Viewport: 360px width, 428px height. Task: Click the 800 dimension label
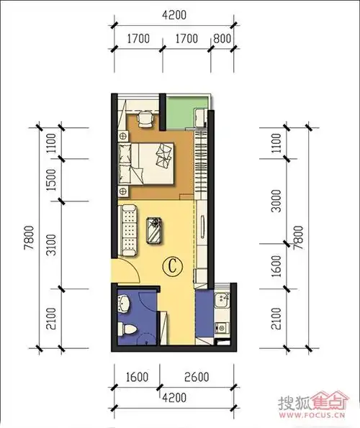pyautogui.click(x=222, y=39)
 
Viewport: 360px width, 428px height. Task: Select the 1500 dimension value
pyautogui.click(x=51, y=180)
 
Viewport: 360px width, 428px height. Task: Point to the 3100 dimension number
pyautogui.click(x=51, y=245)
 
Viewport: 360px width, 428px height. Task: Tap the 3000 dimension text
pyautogui.click(x=276, y=201)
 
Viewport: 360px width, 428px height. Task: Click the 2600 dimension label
pyautogui.click(x=197, y=377)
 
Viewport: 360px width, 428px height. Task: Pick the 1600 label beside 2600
pyautogui.click(x=137, y=377)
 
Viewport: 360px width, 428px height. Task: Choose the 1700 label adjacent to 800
pyautogui.click(x=186, y=39)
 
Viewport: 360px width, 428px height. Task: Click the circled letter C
pyautogui.click(x=172, y=266)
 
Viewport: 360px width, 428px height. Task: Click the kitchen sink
pyautogui.click(x=222, y=299)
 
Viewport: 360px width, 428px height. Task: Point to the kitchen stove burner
pyautogui.click(x=221, y=327)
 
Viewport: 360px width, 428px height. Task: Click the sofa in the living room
pyautogui.click(x=128, y=231)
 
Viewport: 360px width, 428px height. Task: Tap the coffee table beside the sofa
pyautogui.click(x=154, y=230)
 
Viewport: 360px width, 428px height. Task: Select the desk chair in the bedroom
pyautogui.click(x=146, y=119)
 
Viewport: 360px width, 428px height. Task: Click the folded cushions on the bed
pyautogui.click(x=163, y=156)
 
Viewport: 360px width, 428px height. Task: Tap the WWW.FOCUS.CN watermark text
pyautogui.click(x=312, y=416)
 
